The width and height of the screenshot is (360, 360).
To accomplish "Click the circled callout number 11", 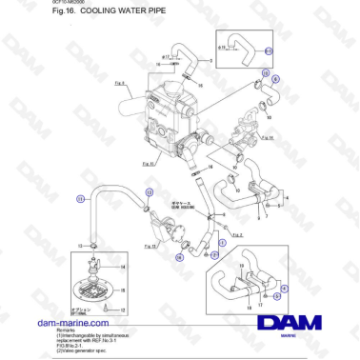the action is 82,199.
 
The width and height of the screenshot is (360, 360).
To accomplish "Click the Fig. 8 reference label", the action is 121,85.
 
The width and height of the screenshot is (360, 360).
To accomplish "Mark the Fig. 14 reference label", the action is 268,137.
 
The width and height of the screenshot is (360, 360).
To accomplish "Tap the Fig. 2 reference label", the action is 237,234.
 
